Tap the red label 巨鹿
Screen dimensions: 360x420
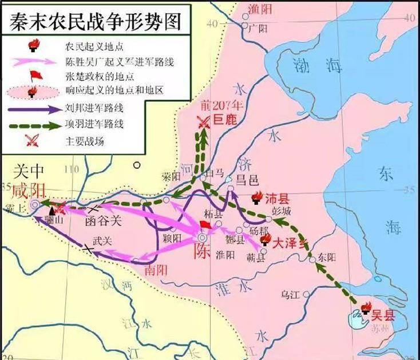click(x=225, y=121)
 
